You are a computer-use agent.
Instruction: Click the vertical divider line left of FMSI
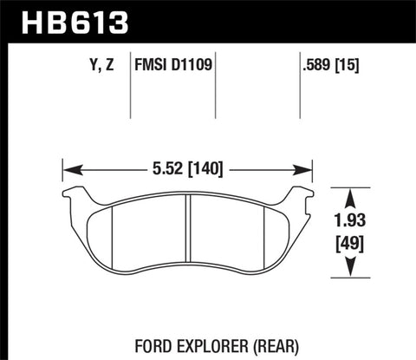[x=129, y=87]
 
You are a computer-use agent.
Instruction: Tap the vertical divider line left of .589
[x=299, y=87]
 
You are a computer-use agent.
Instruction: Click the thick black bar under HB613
[x=208, y=41]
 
